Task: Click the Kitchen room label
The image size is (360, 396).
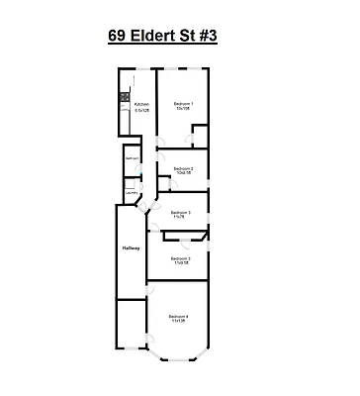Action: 141,105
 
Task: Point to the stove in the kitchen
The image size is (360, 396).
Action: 124,97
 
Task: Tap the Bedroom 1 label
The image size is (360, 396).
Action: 183,105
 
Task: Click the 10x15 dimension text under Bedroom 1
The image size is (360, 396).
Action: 183,110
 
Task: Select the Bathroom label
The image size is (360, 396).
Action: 130,159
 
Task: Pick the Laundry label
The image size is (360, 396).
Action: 130,192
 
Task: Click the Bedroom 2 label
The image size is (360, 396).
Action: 183,169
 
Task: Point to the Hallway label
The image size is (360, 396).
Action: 131,247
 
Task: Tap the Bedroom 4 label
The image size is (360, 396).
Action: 179,317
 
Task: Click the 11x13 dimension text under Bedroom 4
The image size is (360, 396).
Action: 179,323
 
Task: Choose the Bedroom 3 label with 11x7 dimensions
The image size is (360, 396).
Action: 181,214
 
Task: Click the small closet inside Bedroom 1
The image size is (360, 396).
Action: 200,137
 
